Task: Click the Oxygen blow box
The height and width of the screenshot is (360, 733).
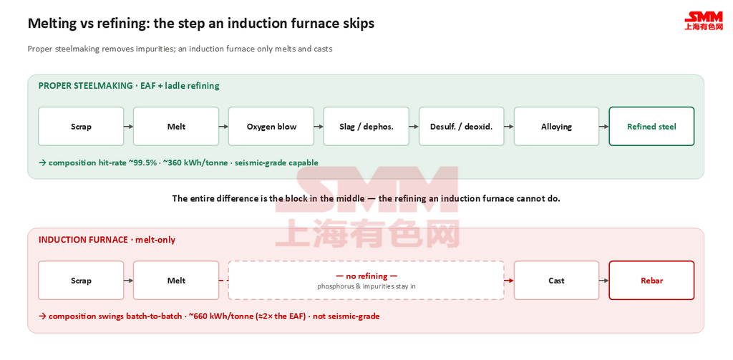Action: pos(271,126)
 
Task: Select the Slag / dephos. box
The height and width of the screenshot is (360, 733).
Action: pos(366,126)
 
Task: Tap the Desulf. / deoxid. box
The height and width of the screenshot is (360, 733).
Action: pos(462,126)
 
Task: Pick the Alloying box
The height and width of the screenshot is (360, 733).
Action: pos(556,126)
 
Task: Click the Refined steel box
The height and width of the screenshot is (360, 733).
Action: pos(651,126)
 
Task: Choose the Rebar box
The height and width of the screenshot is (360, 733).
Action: pos(651,280)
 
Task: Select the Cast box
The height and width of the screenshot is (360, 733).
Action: pos(556,280)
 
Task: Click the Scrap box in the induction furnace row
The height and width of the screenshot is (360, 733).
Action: pos(81,280)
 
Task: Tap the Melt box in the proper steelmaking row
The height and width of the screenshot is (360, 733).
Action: pos(176,126)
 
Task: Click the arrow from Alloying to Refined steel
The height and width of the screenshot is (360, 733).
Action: pos(604,126)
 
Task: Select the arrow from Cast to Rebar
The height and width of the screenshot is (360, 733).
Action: pos(604,281)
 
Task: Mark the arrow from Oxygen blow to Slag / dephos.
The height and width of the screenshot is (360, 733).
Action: pos(319,126)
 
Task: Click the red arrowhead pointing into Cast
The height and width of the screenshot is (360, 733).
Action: pos(511,281)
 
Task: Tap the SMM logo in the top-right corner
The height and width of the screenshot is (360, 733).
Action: pos(704,21)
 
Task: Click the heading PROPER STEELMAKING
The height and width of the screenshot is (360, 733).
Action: pos(86,86)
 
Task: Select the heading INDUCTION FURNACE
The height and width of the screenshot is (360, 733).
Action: pos(83,240)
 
